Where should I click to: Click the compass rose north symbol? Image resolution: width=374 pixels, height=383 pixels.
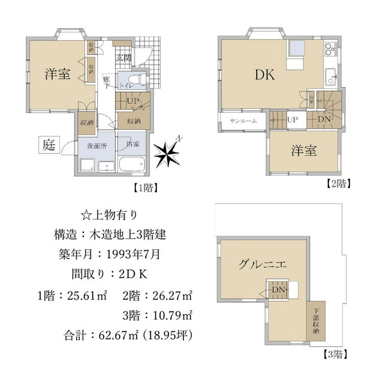168,153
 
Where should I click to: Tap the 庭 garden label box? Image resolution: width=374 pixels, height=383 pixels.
49,145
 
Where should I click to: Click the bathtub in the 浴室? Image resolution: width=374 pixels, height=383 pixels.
132,164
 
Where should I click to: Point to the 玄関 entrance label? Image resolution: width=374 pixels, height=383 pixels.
124,58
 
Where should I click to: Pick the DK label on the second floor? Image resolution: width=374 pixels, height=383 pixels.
265,75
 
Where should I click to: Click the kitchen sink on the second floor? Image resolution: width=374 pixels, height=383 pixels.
331,77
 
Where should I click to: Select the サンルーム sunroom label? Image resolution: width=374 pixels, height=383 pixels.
243,121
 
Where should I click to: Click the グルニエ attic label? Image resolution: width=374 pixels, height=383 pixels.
262,265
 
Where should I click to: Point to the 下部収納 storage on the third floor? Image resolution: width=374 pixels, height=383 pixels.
316,321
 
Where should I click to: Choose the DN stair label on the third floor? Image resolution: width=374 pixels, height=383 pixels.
278,290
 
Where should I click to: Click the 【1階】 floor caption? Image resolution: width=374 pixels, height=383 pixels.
145,188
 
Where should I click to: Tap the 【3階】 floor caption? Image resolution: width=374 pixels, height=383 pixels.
335,354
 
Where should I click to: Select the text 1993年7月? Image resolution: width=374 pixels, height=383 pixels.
133,254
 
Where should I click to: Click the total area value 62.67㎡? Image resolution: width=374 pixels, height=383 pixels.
119,335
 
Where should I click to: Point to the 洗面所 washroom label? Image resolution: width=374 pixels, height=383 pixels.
97,146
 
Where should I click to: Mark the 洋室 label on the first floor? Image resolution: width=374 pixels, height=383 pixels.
58,74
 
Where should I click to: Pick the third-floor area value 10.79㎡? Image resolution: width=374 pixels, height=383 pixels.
173,315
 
